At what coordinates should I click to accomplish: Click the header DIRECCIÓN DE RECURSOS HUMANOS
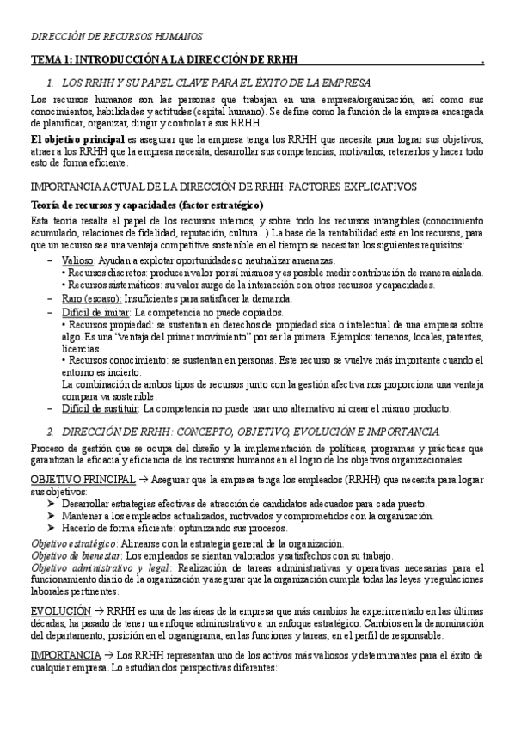(x=117, y=37)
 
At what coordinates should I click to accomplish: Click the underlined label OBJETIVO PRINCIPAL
(x=83, y=478)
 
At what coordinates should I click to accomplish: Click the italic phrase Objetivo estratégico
(x=74, y=543)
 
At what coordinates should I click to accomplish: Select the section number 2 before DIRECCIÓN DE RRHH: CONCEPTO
(x=52, y=430)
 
